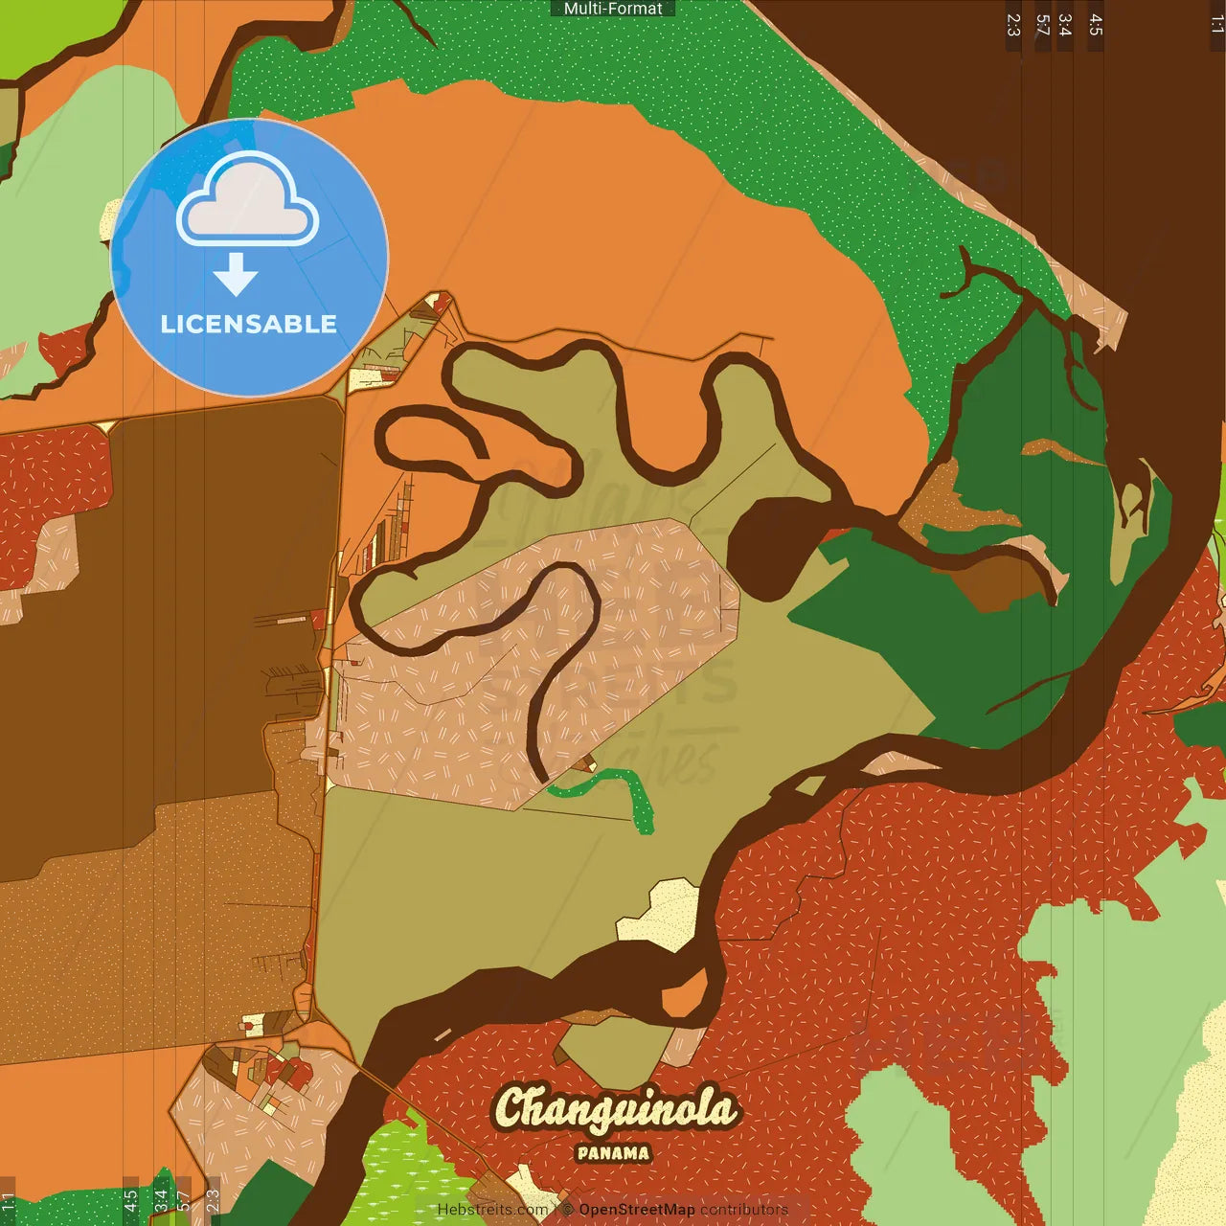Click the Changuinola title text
coord(615,1109)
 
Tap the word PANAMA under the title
coord(613,1153)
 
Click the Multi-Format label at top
coord(613,9)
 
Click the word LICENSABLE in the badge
coord(248,324)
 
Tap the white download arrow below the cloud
coord(236,275)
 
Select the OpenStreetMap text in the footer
coord(636,1210)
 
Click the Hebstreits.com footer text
coord(492,1210)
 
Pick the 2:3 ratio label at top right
coord(1013,25)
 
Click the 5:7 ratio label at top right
coord(1042,25)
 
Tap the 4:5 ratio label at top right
coord(1096,25)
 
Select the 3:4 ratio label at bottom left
coord(160,1199)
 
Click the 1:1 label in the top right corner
coord(1216,25)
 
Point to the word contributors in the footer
coord(743,1210)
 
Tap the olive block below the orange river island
coord(613,1049)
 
